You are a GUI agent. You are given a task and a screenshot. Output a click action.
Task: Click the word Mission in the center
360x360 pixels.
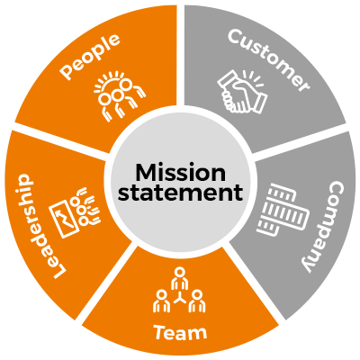click(x=181, y=172)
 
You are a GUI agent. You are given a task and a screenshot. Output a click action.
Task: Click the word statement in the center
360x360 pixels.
click(x=181, y=193)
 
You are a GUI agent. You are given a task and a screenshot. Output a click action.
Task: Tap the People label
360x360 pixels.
click(x=90, y=57)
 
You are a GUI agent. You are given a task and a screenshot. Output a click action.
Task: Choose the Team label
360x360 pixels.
click(x=180, y=332)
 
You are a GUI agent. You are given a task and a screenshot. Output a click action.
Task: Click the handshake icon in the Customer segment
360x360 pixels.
click(x=242, y=92)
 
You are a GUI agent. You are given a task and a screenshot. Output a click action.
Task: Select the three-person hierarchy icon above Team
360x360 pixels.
click(x=179, y=290)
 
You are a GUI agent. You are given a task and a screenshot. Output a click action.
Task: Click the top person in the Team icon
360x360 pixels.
click(x=179, y=278)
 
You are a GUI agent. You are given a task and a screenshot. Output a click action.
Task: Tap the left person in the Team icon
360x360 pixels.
click(x=162, y=301)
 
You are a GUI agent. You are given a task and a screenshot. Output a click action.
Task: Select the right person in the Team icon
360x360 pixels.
click(x=197, y=301)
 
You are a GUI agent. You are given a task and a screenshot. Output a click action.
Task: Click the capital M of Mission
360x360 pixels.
click(x=146, y=173)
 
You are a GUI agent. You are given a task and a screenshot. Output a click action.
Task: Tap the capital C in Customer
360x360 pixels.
click(x=237, y=37)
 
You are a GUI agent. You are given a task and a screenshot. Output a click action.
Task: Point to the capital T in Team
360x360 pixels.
click(x=161, y=332)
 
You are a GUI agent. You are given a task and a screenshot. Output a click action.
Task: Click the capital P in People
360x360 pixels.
click(x=67, y=72)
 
